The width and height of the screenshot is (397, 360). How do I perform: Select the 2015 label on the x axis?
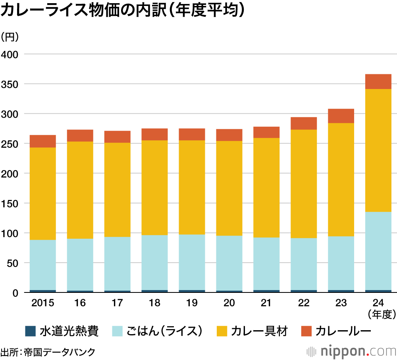point(43,303)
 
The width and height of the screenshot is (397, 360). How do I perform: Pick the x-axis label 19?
point(192,303)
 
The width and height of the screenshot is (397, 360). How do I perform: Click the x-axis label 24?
point(378,303)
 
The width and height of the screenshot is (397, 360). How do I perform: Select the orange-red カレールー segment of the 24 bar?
point(378,81)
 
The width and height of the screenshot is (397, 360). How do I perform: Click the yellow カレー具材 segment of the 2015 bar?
point(43,194)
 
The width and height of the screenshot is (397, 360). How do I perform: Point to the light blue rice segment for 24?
point(378,251)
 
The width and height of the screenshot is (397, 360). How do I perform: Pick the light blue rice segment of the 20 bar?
point(229,263)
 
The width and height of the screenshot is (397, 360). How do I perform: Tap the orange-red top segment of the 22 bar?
point(304,123)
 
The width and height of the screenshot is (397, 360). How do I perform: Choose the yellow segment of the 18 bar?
point(154,188)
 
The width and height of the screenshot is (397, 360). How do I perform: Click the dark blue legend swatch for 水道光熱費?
point(30,331)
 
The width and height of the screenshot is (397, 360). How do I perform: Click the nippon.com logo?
point(352,351)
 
